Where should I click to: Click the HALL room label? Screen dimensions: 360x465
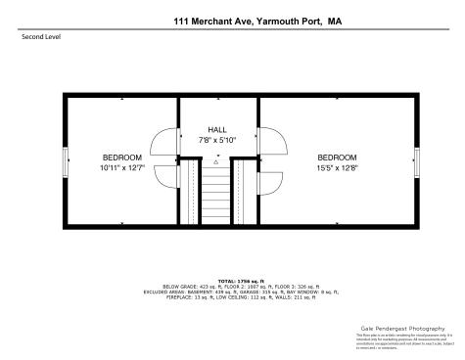[217, 130]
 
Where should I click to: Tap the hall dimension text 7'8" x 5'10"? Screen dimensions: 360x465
[217, 140]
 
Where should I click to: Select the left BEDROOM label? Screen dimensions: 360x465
[122, 157]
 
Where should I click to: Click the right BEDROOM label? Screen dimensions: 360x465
[336, 157]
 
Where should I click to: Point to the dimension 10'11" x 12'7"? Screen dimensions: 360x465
[122, 167]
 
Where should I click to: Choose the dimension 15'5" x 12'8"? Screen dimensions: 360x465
[336, 167]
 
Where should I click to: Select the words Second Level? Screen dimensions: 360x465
[38, 38]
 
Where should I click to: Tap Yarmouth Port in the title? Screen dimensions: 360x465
[290, 19]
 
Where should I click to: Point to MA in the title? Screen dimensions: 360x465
[335, 19]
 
